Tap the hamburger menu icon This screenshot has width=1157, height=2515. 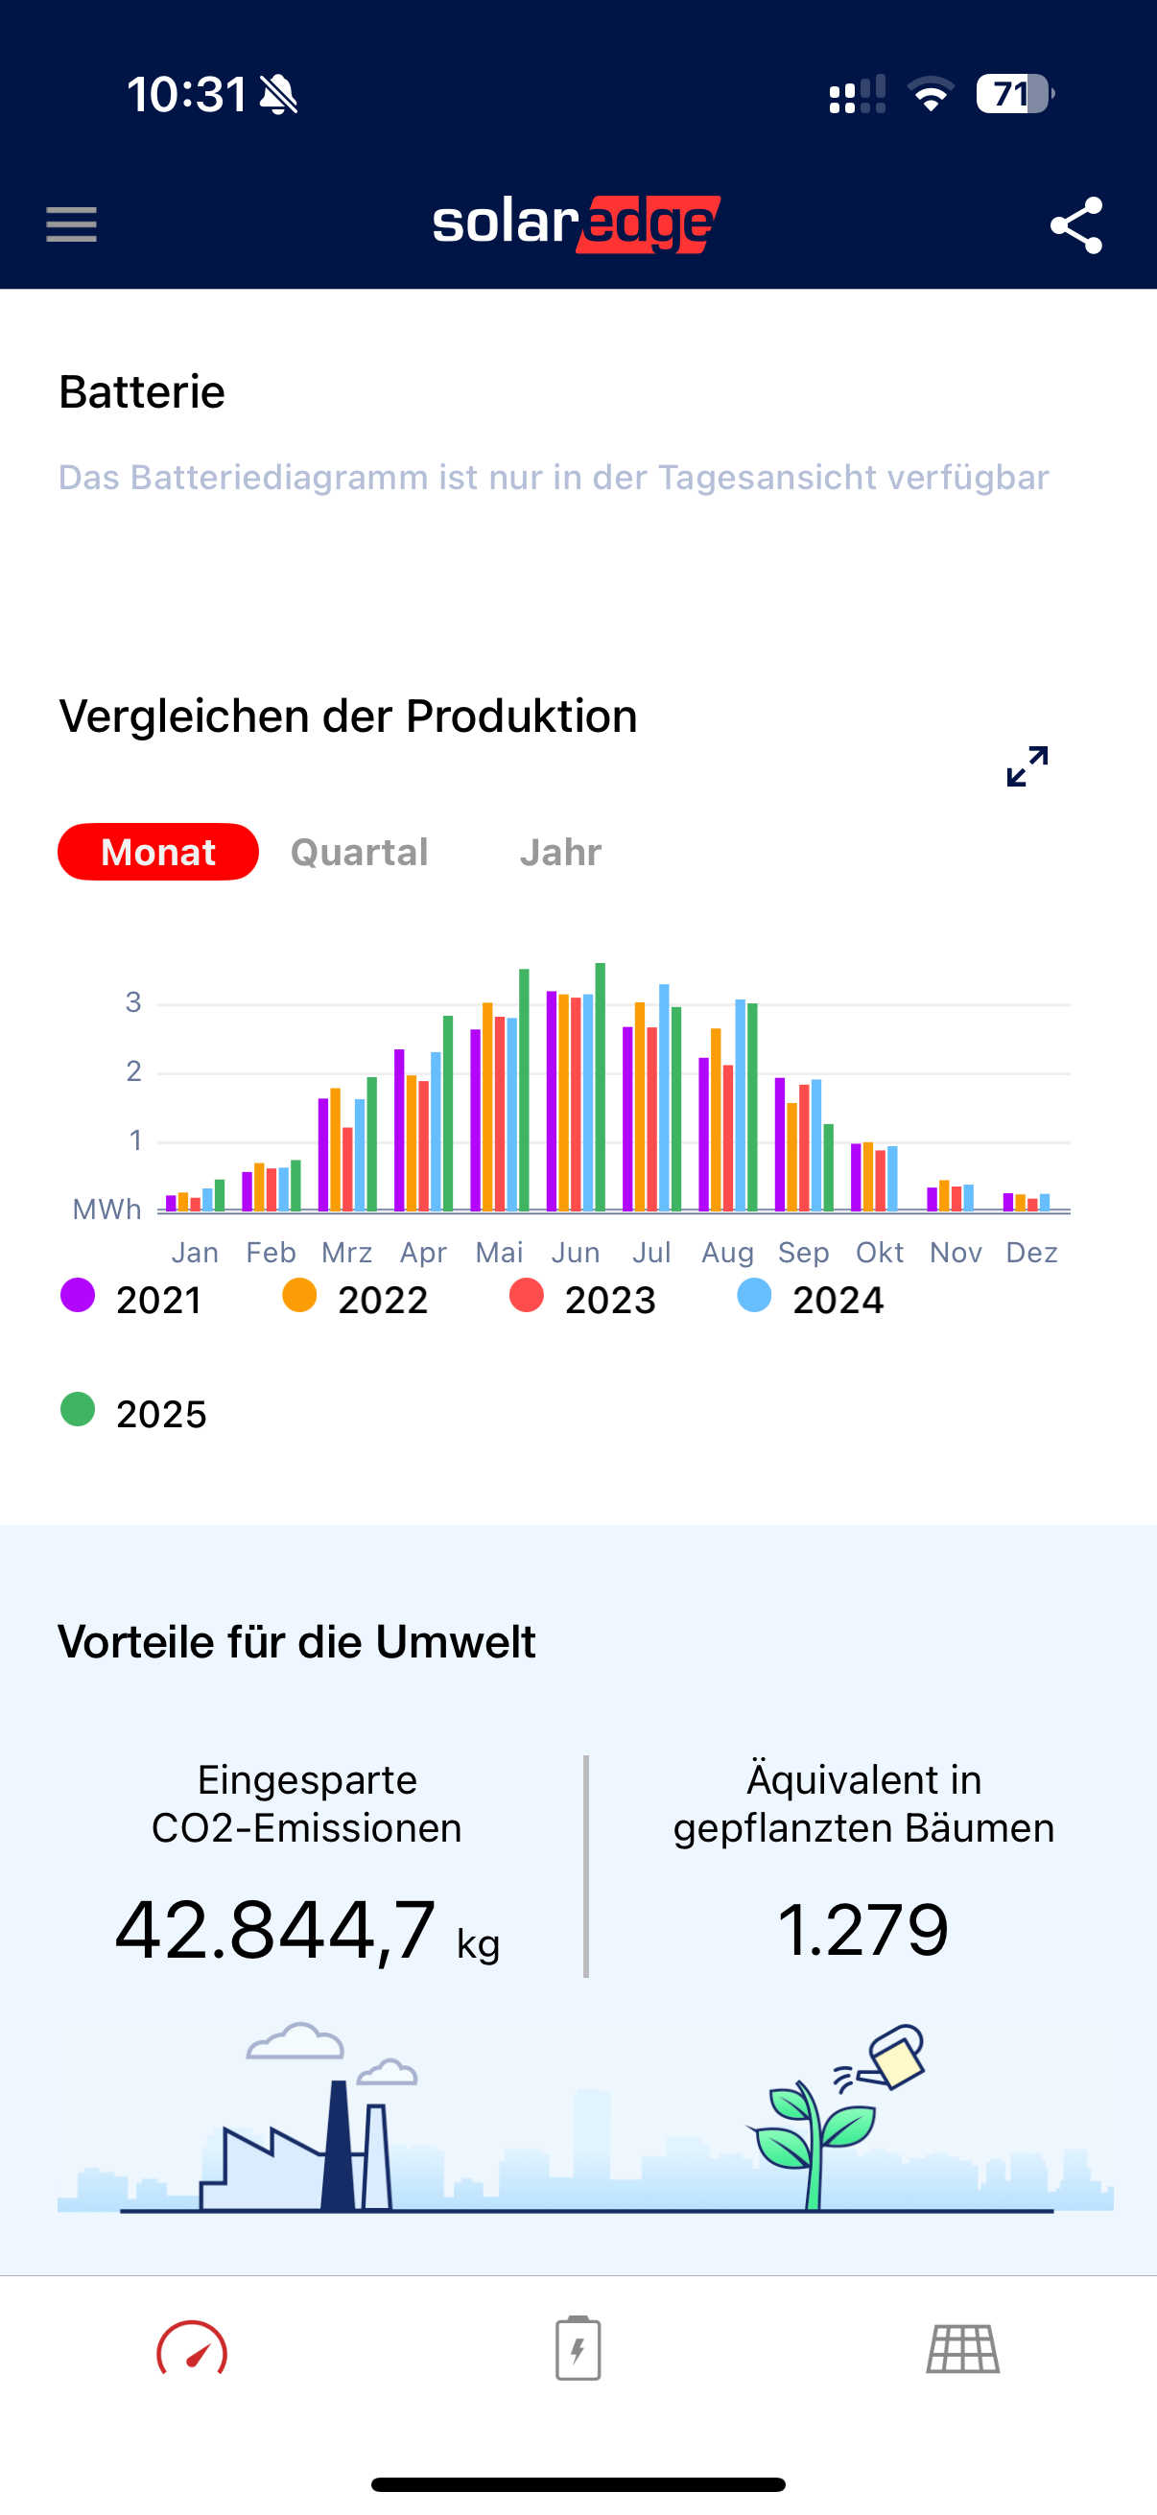point(71,224)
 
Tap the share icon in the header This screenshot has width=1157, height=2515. point(1076,225)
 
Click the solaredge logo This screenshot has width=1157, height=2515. point(577,223)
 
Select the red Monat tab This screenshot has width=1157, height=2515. point(158,853)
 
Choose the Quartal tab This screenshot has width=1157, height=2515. point(360,853)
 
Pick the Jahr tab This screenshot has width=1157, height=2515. point(560,853)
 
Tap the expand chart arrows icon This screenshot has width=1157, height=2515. point(1027,766)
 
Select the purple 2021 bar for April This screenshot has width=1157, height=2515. point(399,1130)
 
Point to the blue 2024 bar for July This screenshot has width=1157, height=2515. point(664,1097)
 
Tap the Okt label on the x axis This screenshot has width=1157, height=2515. point(880,1253)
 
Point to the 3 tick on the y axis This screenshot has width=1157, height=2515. point(133,1002)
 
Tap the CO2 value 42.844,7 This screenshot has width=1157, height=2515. point(276,1930)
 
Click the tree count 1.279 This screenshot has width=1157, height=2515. point(863,1930)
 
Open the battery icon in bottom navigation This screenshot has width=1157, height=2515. point(578,2347)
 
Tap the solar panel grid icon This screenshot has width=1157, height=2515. point(962,2348)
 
